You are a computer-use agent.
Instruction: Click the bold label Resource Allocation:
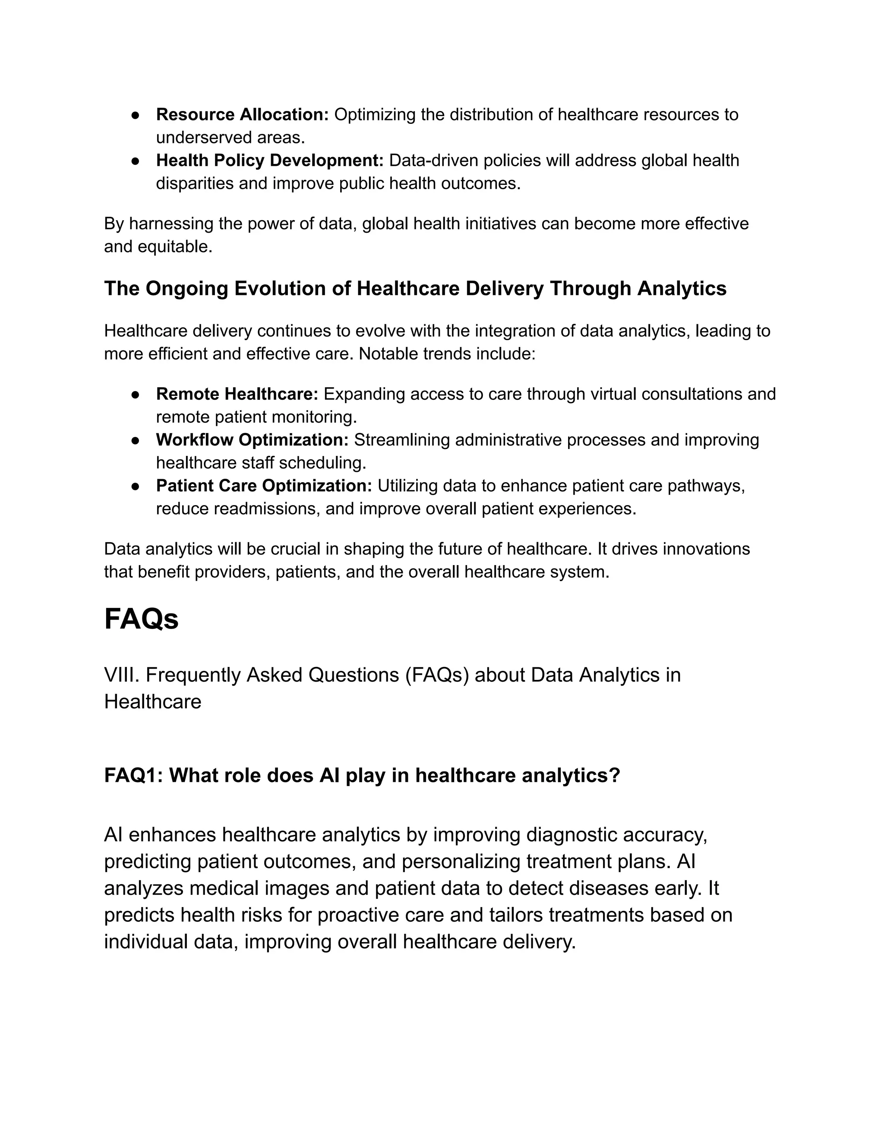(242, 114)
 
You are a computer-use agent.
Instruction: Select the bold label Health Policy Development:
(270, 160)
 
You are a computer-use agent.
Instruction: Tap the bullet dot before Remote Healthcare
(135, 395)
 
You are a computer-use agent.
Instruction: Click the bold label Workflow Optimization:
(252, 440)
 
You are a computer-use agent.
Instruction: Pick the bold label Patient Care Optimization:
(263, 486)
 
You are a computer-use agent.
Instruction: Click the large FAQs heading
(142, 619)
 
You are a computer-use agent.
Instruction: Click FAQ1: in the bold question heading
(133, 776)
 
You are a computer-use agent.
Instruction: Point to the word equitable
(174, 246)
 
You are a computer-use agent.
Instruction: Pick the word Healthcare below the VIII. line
(152, 702)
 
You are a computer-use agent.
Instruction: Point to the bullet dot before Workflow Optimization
(135, 440)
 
